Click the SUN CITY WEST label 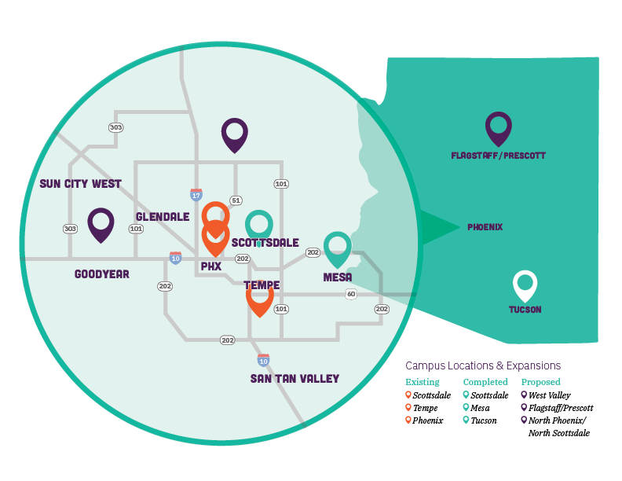(80, 184)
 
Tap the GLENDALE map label (163, 216)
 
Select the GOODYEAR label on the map (101, 274)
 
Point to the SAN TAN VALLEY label (295, 379)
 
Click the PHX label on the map (211, 266)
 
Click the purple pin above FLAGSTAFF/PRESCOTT (498, 128)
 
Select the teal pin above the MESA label (337, 247)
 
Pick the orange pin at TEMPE (260, 297)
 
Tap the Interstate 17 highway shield (196, 194)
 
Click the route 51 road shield (235, 200)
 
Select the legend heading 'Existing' (422, 382)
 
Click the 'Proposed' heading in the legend (540, 382)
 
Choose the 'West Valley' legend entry (550, 395)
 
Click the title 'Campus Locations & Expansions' (483, 365)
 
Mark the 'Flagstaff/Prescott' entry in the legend (561, 408)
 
